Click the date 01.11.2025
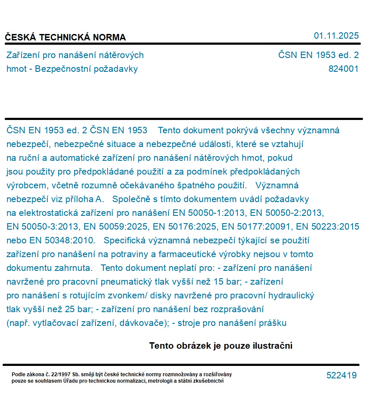coord(336,36)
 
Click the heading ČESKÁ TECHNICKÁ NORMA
coord(65,37)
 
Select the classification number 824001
coord(343,69)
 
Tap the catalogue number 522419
coord(341,375)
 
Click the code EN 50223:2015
coord(328,227)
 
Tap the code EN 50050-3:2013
coord(41,227)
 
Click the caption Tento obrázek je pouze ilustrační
coord(221,346)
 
